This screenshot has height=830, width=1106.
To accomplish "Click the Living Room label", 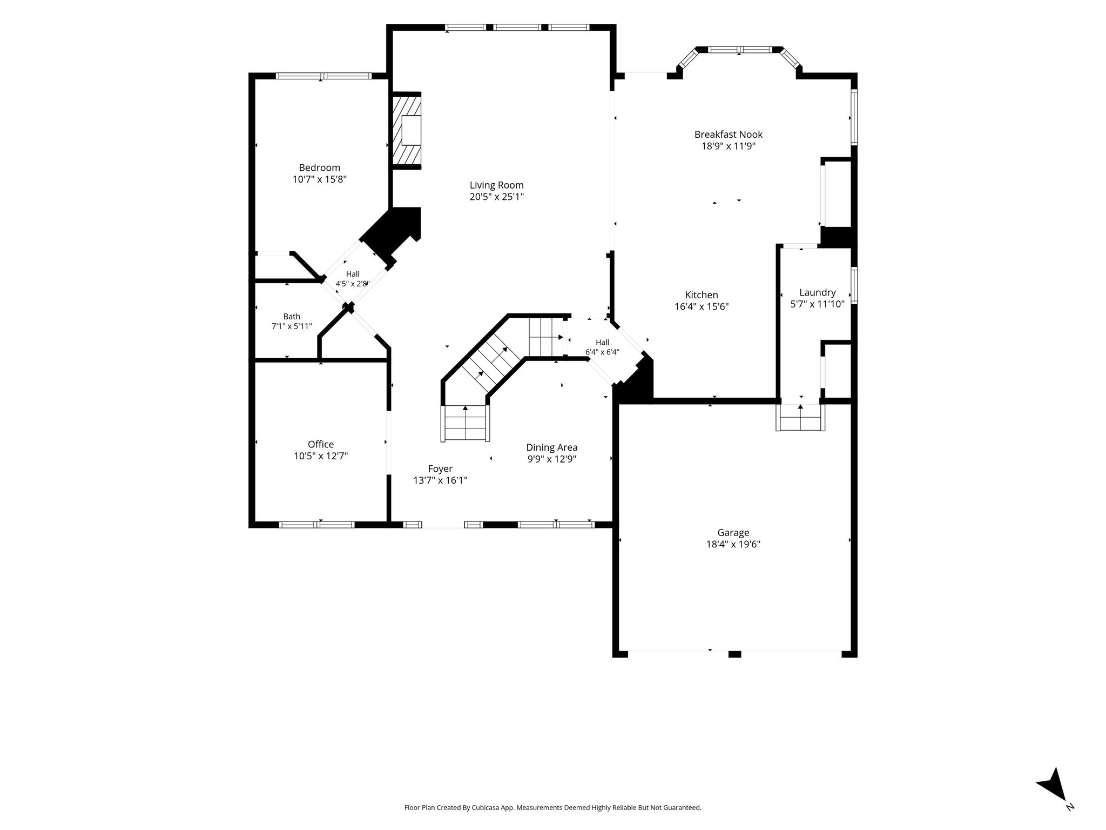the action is pos(496,185).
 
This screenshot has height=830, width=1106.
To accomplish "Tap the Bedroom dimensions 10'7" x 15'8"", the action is pos(320,179).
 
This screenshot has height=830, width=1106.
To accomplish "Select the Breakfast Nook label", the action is pos(729,134).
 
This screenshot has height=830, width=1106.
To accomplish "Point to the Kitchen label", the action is pos(702,295).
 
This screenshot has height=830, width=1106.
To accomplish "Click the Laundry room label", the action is pos(817,293).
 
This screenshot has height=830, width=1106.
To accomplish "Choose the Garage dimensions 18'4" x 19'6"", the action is pos(733,545).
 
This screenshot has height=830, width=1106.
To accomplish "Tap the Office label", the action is pos(321,444).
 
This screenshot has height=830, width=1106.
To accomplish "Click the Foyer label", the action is pos(440,469).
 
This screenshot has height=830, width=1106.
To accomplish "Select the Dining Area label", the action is pos(552,447).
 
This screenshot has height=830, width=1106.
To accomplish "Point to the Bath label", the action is pos(292,317).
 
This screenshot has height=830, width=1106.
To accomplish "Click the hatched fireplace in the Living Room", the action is pos(406,130).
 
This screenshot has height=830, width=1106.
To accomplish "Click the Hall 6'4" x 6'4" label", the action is pos(602,347).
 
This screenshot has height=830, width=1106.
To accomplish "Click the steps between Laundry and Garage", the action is pos(800,418).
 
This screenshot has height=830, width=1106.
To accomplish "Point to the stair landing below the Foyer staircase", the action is pos(466,423).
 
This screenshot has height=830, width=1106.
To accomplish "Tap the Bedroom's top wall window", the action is pos(323,76).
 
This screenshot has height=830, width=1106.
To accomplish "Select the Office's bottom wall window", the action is pos(317,524).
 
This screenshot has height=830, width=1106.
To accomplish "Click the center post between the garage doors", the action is pos(734,654).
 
